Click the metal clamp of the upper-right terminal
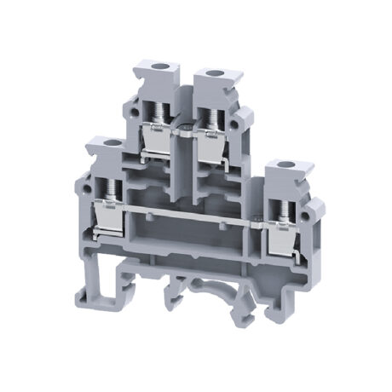coord(210,140)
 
